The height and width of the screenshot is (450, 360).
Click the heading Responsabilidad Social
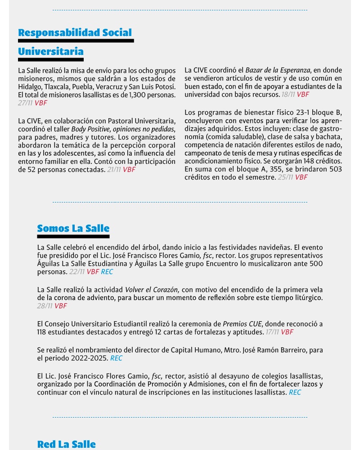[x=75, y=32]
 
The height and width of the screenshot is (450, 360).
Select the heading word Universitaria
[x=51, y=52]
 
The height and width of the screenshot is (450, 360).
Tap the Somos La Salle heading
[x=73, y=228]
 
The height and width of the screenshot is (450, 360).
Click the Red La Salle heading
[x=66, y=444]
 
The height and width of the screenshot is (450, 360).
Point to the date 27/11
[x=25, y=103]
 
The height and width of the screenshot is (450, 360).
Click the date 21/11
[x=114, y=170]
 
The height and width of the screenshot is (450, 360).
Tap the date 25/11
[x=286, y=177]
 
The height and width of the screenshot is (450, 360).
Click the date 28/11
[x=45, y=306]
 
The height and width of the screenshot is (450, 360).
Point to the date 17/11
[x=272, y=332]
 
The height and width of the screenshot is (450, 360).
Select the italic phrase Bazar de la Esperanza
[x=278, y=70]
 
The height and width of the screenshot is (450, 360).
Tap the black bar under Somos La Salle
[x=73, y=236]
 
